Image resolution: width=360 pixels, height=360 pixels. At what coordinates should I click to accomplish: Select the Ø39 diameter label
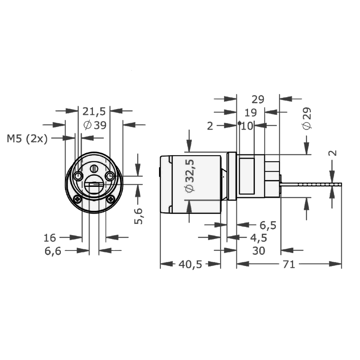pyautogui.click(x=94, y=125)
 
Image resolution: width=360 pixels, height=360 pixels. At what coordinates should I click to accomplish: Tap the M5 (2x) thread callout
pyautogui.click(x=27, y=138)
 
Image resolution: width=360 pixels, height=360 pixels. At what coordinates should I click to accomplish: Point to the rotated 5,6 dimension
pyautogui.click(x=139, y=216)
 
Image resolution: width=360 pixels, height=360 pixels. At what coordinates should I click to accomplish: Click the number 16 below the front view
pyautogui.click(x=50, y=238)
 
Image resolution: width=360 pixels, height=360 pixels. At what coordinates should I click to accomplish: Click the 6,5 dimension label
pyautogui.click(x=268, y=225)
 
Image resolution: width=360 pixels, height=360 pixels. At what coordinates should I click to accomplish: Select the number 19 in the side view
pyautogui.click(x=251, y=113)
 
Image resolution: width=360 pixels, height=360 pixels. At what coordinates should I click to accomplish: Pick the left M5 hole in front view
pyautogui.click(x=78, y=176)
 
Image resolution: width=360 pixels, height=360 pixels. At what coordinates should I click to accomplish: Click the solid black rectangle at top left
pyautogui.click(x=87, y=82)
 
